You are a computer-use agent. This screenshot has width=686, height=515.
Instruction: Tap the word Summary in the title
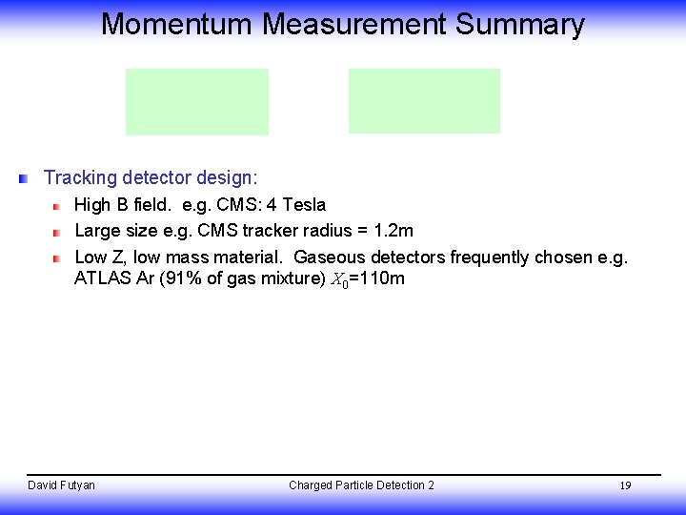(x=519, y=24)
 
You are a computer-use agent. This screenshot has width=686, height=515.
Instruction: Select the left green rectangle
(x=197, y=101)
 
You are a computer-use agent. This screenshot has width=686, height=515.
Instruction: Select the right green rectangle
(x=424, y=101)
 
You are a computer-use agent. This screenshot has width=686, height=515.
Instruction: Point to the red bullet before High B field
(x=56, y=206)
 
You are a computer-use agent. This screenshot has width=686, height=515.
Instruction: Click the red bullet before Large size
(x=56, y=232)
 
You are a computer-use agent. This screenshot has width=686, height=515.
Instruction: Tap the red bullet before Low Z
(x=56, y=258)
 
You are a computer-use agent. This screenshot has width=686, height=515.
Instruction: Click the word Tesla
(x=304, y=205)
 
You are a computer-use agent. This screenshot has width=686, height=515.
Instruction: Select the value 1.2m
(x=393, y=231)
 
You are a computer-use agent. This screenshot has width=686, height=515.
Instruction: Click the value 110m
(x=382, y=279)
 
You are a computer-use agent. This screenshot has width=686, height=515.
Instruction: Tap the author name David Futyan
(x=61, y=485)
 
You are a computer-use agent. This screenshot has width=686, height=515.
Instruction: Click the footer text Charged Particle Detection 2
(x=361, y=485)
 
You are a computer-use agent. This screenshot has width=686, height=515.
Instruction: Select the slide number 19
(x=625, y=486)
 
